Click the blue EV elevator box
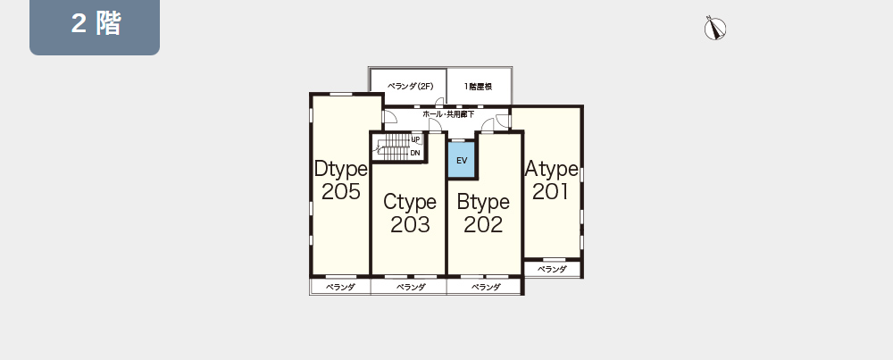point(462,160)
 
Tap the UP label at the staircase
point(415,139)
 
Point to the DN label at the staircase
point(415,154)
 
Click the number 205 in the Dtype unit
point(340,192)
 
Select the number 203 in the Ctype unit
point(410,225)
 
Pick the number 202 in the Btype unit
point(483,225)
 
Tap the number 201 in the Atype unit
point(551,192)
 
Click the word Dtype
point(340,169)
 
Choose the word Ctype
point(410,202)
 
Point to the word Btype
point(483,202)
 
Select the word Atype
point(551,169)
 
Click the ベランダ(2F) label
point(411,87)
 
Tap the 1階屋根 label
point(478,87)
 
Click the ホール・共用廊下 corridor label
point(448,114)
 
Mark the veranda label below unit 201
point(552,270)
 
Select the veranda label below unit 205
point(340,287)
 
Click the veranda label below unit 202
point(486,287)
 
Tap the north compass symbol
point(714,28)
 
